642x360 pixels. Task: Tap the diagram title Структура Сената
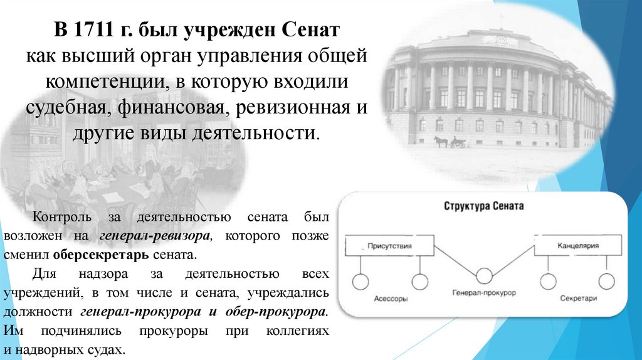click(483, 206)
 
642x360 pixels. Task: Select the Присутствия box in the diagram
click(389, 246)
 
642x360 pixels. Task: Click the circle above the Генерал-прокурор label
click(483, 277)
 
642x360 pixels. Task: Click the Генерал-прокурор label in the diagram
click(483, 294)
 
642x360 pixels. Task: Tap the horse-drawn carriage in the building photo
click(450, 141)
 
